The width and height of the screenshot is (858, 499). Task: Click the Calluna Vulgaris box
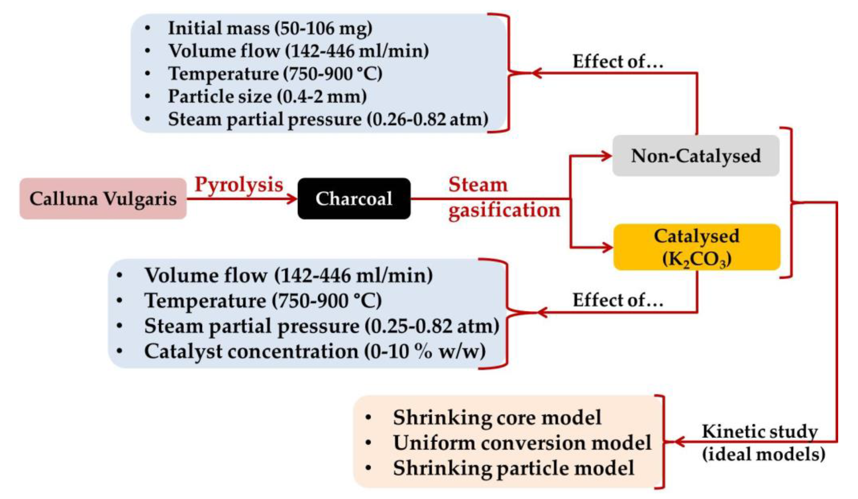coord(103,199)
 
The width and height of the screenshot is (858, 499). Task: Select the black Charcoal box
coord(354,199)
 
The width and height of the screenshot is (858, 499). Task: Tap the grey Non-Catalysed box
coord(696,156)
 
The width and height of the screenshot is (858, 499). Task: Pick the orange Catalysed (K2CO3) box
coord(697,247)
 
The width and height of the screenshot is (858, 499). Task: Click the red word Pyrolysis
coord(239,185)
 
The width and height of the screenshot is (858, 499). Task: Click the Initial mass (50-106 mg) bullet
coord(270,28)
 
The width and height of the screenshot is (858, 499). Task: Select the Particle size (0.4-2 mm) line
coord(267,96)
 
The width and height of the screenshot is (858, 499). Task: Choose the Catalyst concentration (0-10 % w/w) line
coord(315,351)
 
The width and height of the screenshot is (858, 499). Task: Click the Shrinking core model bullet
coord(497,418)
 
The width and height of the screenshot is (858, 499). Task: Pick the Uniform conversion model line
coord(522,443)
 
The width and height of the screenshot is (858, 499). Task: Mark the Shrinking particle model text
coord(513,468)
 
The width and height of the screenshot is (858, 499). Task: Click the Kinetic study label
coord(760,432)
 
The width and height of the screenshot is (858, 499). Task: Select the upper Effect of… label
coord(618,62)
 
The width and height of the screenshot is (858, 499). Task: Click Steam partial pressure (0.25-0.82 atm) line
coord(322,326)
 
